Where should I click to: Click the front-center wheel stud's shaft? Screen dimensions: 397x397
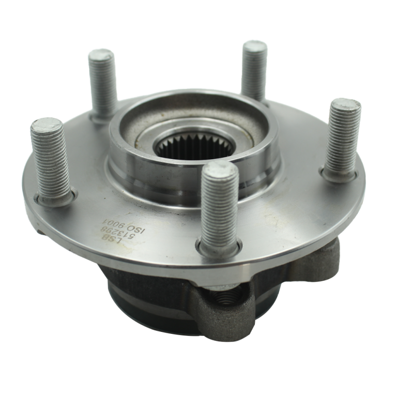[217, 207]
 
